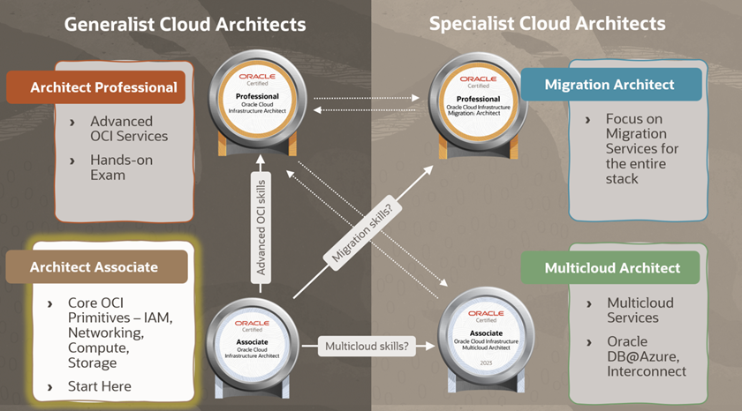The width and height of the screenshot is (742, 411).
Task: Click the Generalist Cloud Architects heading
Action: coord(185,23)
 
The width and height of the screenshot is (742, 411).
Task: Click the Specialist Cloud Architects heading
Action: coord(548,23)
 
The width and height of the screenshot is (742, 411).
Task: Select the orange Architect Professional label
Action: coord(103,87)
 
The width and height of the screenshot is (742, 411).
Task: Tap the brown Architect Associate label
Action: coord(95,266)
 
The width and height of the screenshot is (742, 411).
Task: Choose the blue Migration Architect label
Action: coord(609,85)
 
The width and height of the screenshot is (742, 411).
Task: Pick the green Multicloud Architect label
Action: coord(612,268)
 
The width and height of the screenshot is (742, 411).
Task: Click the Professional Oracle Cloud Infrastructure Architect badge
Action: coord(259,98)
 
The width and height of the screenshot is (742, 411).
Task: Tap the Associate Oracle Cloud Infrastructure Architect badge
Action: coord(259,339)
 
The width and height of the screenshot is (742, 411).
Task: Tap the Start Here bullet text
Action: coord(99,386)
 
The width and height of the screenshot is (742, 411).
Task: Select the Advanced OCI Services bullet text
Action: coord(128,129)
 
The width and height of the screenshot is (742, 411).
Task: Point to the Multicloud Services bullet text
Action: coord(640,310)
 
